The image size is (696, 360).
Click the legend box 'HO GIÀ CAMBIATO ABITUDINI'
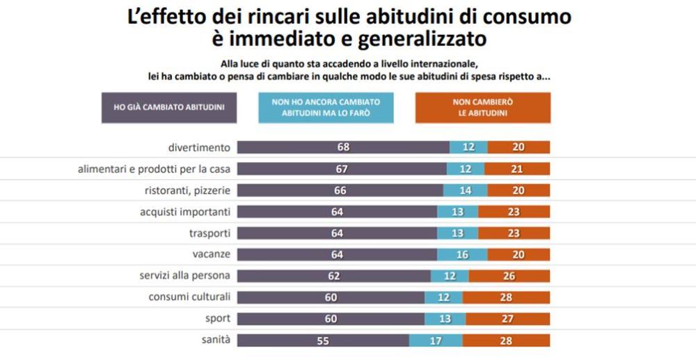click(x=169, y=107)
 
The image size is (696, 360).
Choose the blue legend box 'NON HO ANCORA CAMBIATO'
click(x=326, y=107)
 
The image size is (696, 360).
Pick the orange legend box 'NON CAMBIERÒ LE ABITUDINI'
click(x=482, y=107)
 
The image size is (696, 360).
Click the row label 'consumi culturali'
click(x=189, y=297)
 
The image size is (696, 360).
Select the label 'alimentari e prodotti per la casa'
click(x=154, y=169)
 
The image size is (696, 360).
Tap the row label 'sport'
click(x=217, y=319)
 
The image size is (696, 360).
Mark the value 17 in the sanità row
click(x=436, y=341)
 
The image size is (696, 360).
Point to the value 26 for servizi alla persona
click(x=509, y=276)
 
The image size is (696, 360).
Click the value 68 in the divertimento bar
click(x=342, y=148)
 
